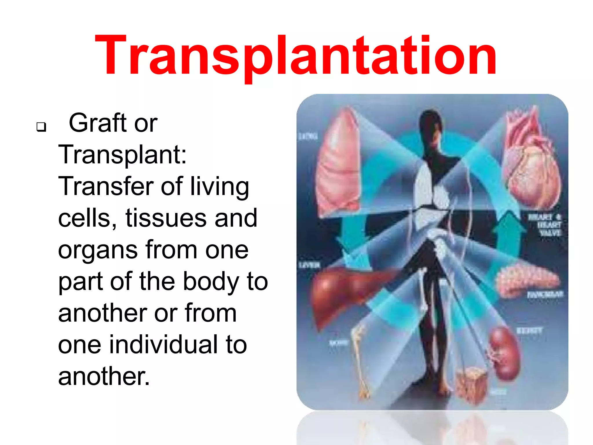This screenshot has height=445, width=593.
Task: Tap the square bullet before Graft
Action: point(41,127)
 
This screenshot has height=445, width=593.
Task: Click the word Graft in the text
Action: point(97,123)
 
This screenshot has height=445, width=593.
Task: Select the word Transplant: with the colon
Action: point(122,155)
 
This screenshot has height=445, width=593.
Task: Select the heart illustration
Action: point(531,162)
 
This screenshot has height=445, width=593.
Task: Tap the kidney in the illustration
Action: point(504,353)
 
